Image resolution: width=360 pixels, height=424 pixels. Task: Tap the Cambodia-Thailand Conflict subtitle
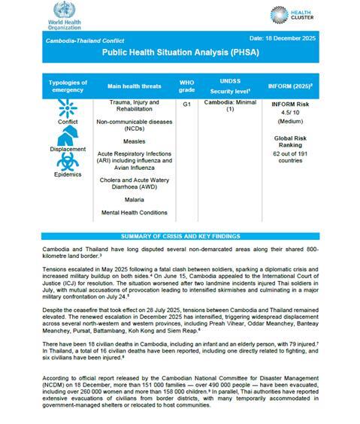[x=86, y=40]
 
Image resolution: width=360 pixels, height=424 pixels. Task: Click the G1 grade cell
[x=186, y=105]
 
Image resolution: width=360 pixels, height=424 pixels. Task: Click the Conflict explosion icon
[x=67, y=111]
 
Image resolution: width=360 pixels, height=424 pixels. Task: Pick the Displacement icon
[x=67, y=135]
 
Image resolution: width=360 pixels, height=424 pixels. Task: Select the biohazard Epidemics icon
[x=67, y=162]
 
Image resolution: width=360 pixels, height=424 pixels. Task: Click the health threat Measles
[x=135, y=141]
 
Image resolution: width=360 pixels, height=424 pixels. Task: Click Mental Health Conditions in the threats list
[x=135, y=213]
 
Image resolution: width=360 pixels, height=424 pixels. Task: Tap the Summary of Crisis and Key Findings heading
[x=180, y=236]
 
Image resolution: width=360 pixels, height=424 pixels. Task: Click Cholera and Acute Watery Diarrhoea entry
[x=135, y=183]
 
